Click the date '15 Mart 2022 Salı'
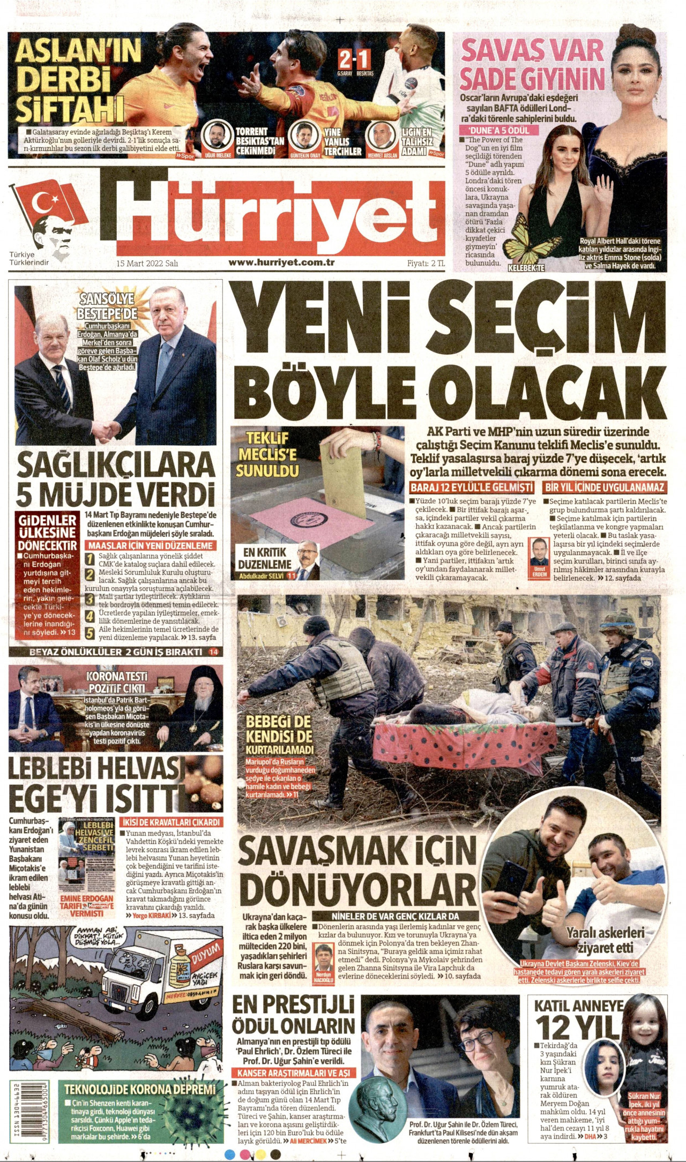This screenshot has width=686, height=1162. click(147, 263)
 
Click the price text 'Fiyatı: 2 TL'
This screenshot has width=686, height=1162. click(426, 263)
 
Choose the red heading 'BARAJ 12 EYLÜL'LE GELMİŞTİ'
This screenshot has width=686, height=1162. click(472, 488)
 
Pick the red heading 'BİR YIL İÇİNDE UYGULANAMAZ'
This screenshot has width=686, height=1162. click(605, 488)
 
